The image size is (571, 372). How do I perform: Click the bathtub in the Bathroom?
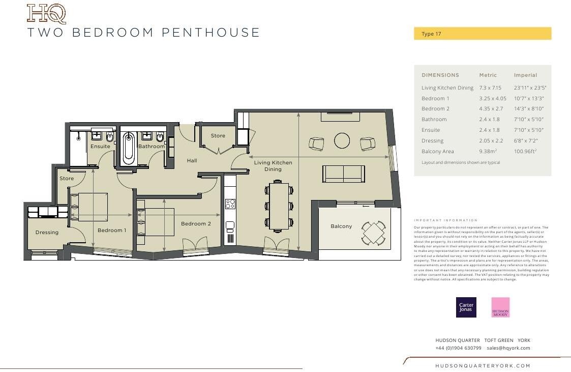129,148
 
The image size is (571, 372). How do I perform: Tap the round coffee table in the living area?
342,140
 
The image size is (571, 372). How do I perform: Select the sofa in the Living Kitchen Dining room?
343,174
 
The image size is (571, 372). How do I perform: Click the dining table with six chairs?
279,206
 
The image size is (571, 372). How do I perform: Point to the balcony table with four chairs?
374,233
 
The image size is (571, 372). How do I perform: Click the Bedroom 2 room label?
196,223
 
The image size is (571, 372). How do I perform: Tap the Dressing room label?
47,233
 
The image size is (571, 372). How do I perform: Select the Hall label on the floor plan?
192,161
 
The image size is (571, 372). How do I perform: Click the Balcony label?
341,226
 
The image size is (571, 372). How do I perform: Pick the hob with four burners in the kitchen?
230,204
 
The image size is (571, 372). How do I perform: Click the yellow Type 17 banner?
483,34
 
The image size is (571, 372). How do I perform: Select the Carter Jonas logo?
466,307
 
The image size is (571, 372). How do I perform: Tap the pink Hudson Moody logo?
500,307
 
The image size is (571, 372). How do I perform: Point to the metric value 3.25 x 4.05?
493,98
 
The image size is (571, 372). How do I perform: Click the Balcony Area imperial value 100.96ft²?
525,152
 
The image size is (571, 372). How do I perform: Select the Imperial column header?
525,75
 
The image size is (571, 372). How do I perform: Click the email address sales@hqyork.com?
508,348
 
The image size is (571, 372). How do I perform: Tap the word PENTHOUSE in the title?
211,33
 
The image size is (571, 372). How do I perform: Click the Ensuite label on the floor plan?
100,147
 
